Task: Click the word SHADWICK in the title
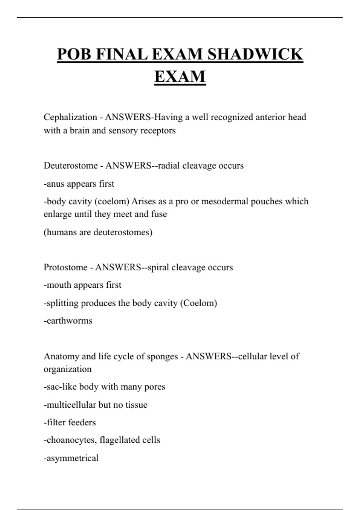[x=255, y=54]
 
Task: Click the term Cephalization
[x=70, y=117]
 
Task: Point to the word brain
[x=79, y=130]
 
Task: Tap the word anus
[x=55, y=184]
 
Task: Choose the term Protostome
[x=65, y=267]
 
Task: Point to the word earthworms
[x=70, y=321]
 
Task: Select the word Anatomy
[x=61, y=356]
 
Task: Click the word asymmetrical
[x=72, y=458]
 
